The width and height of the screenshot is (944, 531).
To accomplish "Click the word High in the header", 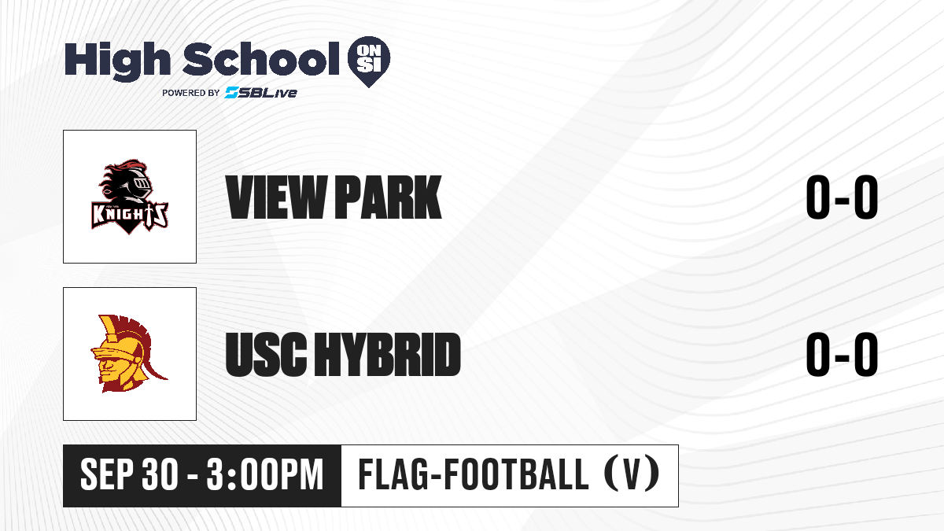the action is coord(117,61).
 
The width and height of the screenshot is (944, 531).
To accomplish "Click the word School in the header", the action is coord(261,59).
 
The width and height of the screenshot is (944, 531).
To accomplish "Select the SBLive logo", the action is coord(261,93).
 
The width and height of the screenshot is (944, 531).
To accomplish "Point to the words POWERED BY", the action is coord(191,93).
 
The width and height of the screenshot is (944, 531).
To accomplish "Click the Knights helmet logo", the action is coord(130,197).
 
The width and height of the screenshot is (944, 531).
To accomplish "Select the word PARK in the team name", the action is coord(389,197).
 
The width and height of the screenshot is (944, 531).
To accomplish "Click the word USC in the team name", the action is coord(266,354).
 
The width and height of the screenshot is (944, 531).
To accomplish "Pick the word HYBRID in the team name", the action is coord(388,354).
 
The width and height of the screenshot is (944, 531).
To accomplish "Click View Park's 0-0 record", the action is coord(842,197).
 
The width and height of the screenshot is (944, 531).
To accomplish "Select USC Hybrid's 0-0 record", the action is coord(842,354).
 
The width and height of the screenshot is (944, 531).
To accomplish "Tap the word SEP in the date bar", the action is coord(108,475).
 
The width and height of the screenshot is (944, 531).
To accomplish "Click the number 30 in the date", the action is coord(160,475).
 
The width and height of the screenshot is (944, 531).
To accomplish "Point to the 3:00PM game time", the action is coord(265,475).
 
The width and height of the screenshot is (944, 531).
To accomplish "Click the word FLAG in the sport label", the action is coord(393,474).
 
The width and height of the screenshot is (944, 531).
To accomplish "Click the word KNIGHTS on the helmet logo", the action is coord(130,216).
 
